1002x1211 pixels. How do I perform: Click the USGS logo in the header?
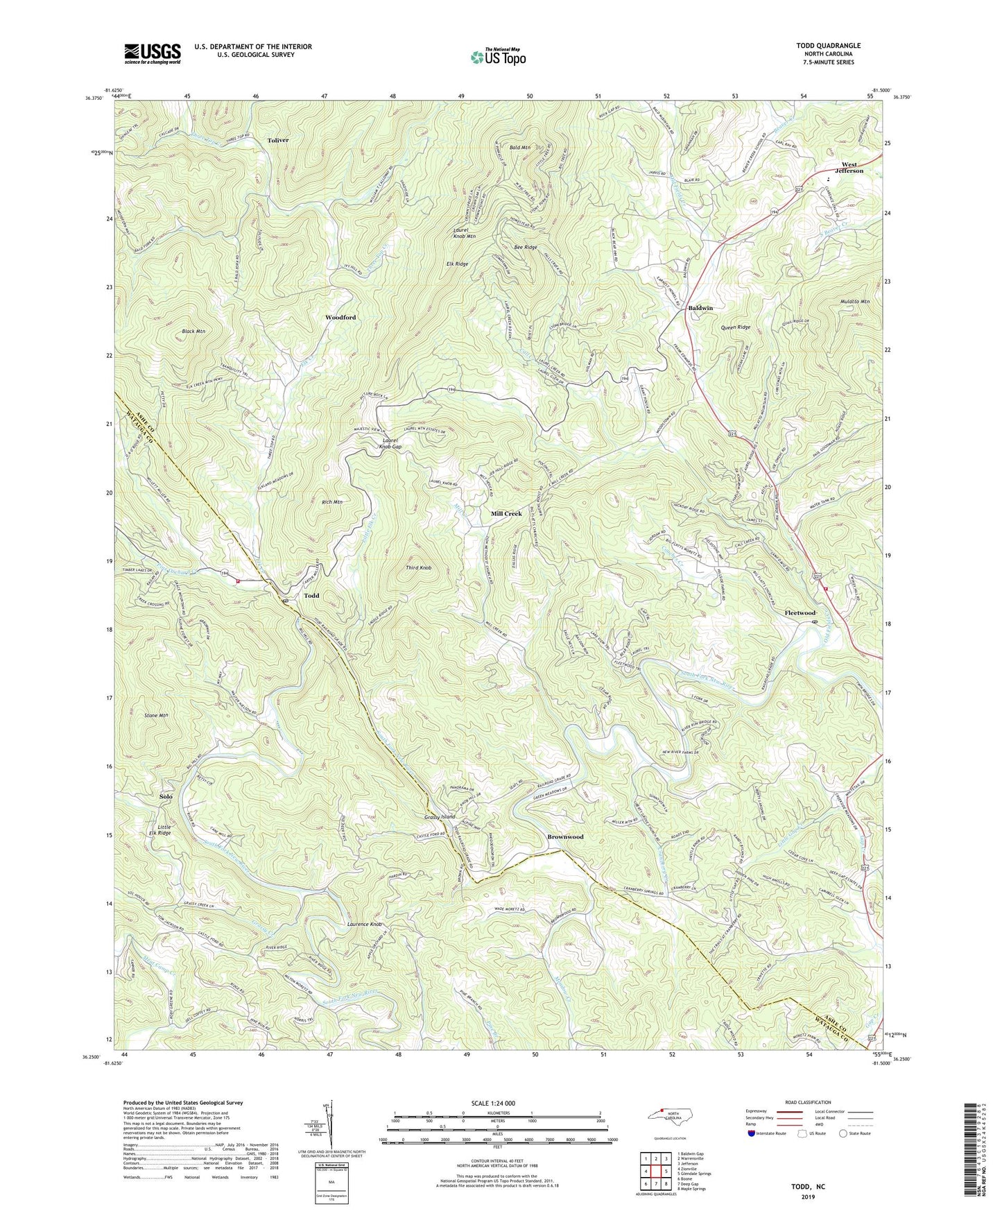[153, 53]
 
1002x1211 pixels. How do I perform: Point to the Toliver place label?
[277, 140]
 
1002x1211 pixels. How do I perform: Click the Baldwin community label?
[700, 308]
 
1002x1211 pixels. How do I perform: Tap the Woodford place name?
[340, 317]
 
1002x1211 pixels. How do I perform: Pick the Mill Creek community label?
[506, 513]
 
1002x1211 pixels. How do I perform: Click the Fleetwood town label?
[800, 613]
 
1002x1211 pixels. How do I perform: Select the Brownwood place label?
[565, 836]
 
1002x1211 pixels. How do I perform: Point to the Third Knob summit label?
[418, 567]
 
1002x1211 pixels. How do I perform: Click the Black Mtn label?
[193, 332]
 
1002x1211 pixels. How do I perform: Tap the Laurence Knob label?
[365, 925]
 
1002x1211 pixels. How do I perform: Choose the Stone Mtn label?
[156, 714]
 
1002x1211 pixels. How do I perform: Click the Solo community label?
[166, 797]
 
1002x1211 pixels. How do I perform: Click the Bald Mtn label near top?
[519, 148]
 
